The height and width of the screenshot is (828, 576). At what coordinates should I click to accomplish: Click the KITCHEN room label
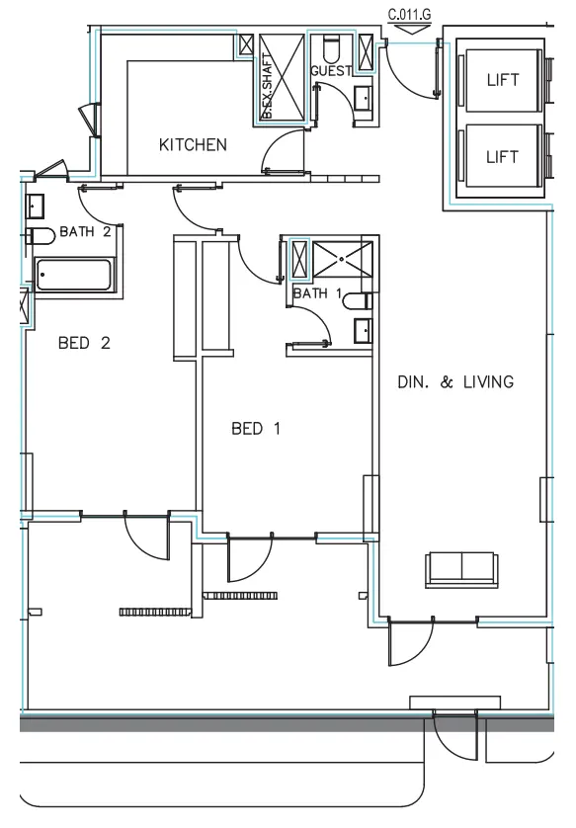point(193,145)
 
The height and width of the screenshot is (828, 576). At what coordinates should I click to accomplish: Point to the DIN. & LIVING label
point(455,382)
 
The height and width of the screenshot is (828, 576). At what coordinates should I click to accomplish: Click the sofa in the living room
point(461,567)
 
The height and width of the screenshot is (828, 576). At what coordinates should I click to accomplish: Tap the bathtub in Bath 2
point(76,274)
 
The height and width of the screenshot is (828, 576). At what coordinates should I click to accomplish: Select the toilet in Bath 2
point(41,235)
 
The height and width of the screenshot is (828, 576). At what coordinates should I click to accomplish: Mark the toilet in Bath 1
point(361,300)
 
